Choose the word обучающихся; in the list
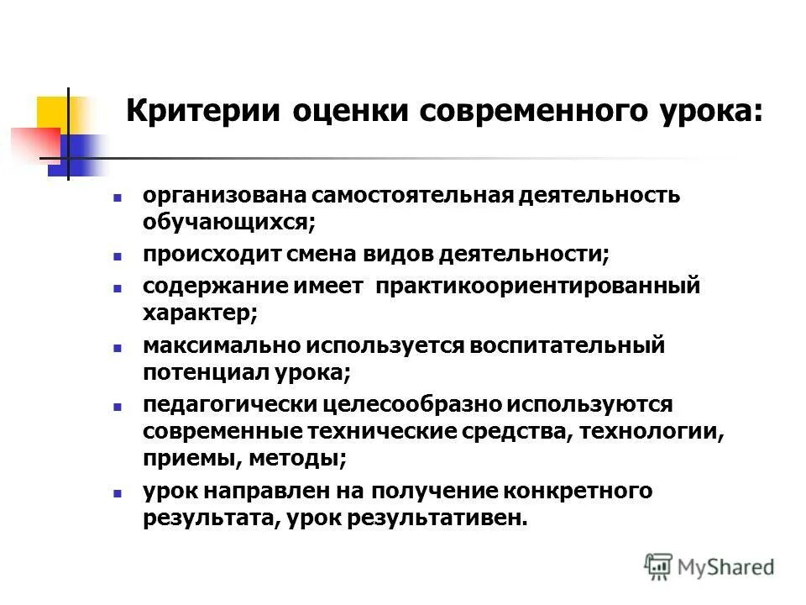pos(228,222)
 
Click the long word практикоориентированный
pos(537,286)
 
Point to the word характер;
pos(200,313)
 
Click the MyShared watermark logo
pos(709,566)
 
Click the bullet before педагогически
pos(118,405)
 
